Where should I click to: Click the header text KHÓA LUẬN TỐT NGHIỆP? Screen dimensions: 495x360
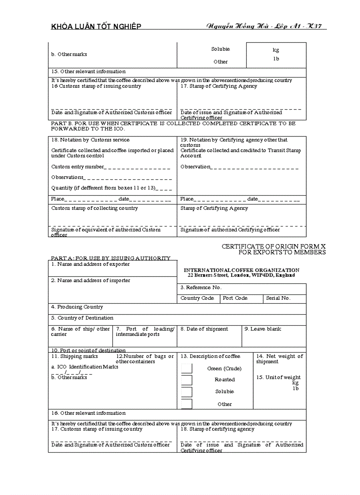pyautogui.click(x=96, y=26)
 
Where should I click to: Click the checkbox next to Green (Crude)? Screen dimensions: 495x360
pyautogui.click(x=187, y=369)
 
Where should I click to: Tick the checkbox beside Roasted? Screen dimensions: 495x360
pyautogui.click(x=187, y=380)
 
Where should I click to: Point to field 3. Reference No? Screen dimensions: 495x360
pyautogui.click(x=201, y=287)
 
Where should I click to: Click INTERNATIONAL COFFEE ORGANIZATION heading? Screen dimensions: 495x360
pyautogui.click(x=241, y=270)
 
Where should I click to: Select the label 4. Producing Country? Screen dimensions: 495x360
pyautogui.click(x=77, y=307)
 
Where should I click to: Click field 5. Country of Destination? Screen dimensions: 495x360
pyautogui.click(x=82, y=318)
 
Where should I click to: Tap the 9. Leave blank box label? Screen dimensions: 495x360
pyautogui.click(x=262, y=329)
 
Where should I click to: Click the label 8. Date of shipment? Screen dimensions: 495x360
pyautogui.click(x=204, y=329)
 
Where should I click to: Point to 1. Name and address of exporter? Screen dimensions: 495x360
pyautogui.click(x=90, y=264)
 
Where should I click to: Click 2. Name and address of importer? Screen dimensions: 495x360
pyautogui.click(x=90, y=280)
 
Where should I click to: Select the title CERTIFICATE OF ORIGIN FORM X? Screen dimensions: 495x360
pyautogui.click(x=274, y=247)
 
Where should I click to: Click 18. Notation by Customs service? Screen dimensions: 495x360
pyautogui.click(x=90, y=140)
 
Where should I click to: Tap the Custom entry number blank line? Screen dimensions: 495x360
pyautogui.click(x=137, y=167)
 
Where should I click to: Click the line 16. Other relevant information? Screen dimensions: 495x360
pyautogui.click(x=89, y=413)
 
